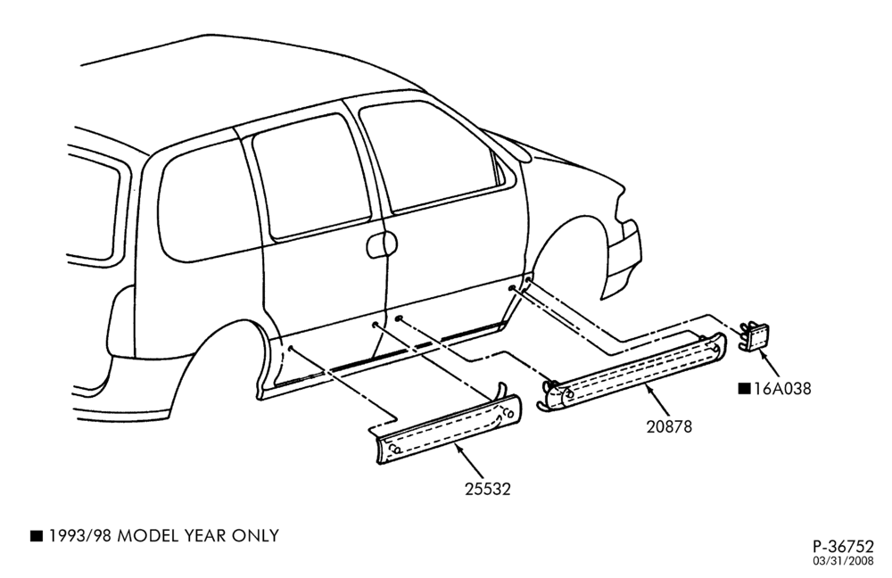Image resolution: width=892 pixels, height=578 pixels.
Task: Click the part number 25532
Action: (488, 489)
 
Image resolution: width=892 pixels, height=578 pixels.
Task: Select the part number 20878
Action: (669, 426)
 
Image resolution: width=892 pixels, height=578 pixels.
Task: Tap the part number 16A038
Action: (782, 389)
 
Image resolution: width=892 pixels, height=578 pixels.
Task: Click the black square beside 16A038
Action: (744, 389)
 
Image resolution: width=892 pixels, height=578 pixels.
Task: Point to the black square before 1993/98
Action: (37, 535)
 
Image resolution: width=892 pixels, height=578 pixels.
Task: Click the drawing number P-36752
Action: (843, 547)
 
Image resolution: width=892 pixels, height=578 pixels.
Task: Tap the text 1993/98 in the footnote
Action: (79, 536)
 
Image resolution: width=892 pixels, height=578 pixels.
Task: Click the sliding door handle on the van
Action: (381, 244)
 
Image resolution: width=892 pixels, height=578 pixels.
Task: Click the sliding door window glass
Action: (311, 174)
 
